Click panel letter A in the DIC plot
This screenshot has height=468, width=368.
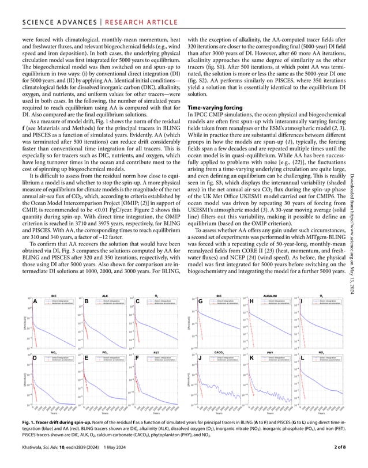pyautogui.click(x=36, y=301)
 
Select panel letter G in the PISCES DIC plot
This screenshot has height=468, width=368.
pyautogui.click(x=200, y=301)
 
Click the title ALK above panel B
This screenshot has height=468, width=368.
pyautogui.click(x=104, y=295)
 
